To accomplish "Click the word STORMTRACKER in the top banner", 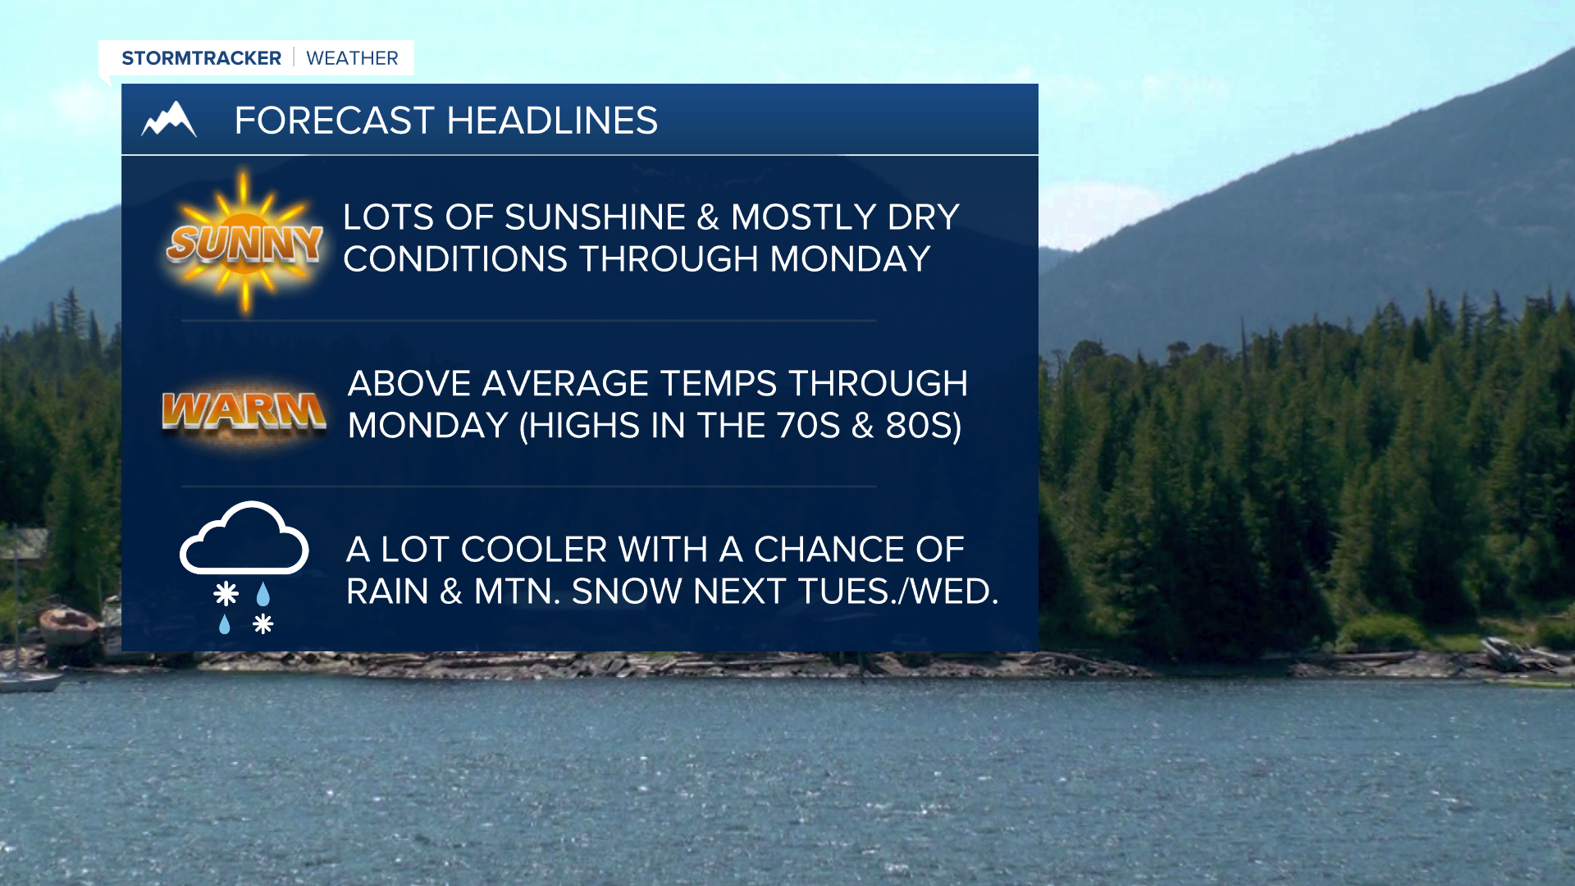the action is (201, 58).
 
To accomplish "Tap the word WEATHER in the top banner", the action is (352, 58).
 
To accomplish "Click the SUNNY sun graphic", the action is (244, 242).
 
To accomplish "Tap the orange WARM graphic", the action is (244, 410).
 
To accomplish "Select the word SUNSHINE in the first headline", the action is (595, 217).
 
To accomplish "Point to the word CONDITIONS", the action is (455, 259).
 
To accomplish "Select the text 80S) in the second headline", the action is (924, 426).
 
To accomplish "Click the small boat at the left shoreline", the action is (68, 627).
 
